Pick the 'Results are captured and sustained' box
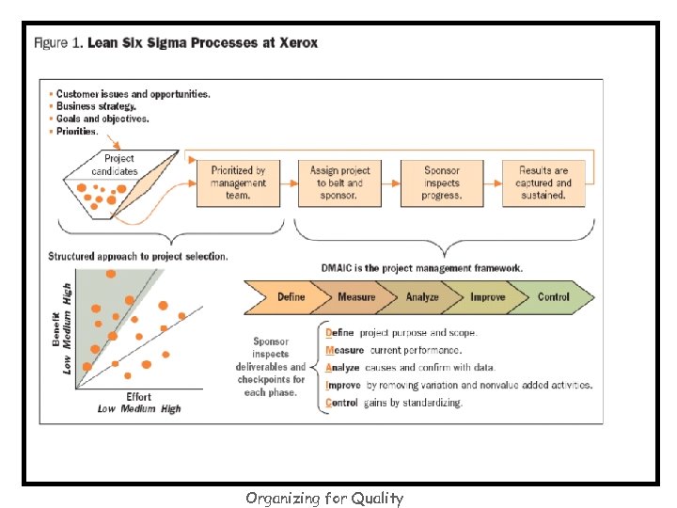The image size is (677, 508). pos(543,183)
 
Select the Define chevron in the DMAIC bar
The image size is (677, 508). pos(287,297)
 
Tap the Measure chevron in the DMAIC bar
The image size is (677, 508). pos(354,297)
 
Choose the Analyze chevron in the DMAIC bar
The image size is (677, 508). pos(421,297)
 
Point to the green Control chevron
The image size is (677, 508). pos(554,297)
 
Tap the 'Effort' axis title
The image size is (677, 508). pos(139,397)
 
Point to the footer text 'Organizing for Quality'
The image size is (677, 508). pos(323,499)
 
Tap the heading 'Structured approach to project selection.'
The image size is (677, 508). pos(137,256)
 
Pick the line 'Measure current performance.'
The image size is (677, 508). pos(393,349)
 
